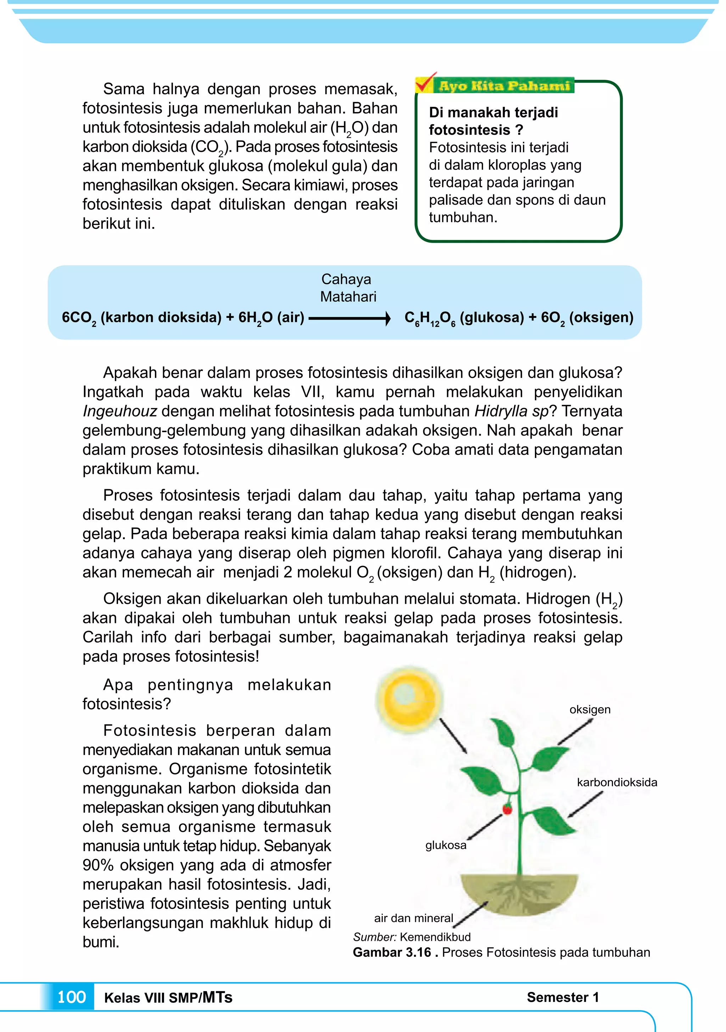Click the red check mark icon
click(x=425, y=82)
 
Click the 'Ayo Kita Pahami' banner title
click(x=504, y=85)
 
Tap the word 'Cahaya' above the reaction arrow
click(x=346, y=279)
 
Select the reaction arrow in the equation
click(x=350, y=319)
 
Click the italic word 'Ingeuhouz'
click(x=119, y=411)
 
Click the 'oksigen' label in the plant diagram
click(x=590, y=709)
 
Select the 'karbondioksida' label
click(x=616, y=782)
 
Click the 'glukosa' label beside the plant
click(x=445, y=845)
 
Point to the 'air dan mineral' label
click(x=413, y=918)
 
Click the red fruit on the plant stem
click(x=507, y=810)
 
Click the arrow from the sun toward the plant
click(x=452, y=736)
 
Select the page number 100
click(x=72, y=997)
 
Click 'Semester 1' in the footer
click(x=563, y=997)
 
